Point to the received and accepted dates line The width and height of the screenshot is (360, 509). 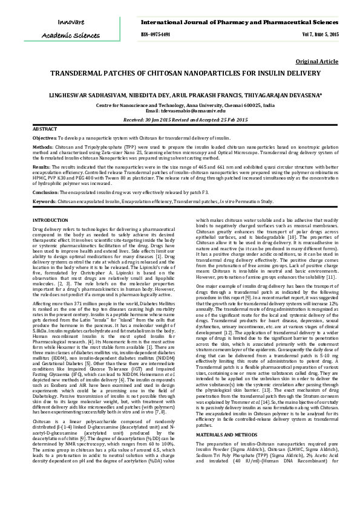point(180,120)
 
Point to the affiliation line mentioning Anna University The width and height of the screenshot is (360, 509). point(180,105)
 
